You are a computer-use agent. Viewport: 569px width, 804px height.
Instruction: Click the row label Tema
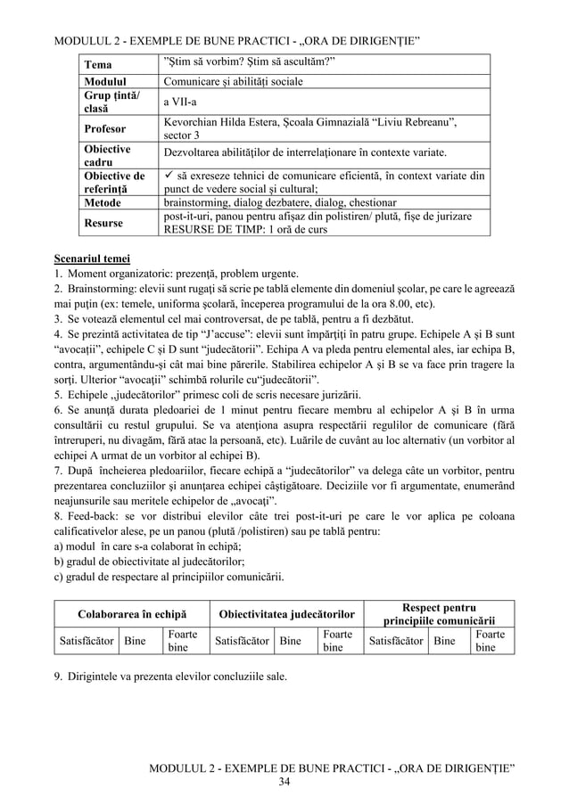coord(98,65)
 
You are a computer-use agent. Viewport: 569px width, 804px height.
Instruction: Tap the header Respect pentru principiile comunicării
coord(440,614)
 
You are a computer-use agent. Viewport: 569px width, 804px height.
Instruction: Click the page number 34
coord(284,782)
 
